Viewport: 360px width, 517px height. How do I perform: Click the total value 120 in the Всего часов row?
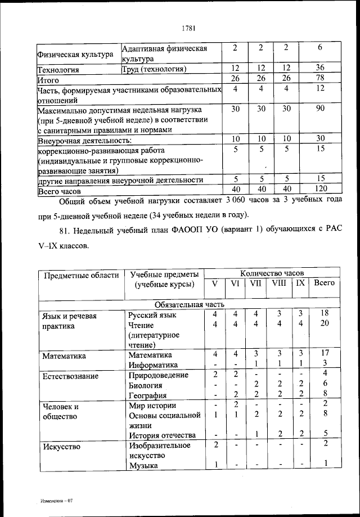point(320,188)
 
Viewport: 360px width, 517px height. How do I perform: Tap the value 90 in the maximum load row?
point(320,109)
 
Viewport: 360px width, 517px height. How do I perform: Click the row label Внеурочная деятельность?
point(84,140)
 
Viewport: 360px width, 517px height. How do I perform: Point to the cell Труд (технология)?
point(154,69)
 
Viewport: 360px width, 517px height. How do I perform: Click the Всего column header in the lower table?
point(325,283)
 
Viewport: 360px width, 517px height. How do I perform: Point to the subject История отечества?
point(162,435)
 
